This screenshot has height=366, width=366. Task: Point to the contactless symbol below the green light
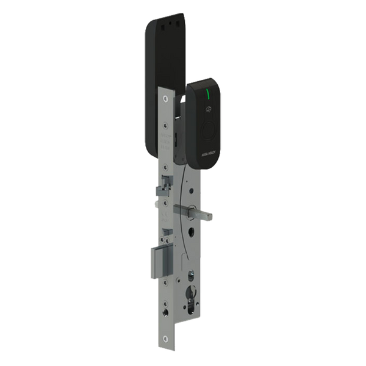click(209, 111)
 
